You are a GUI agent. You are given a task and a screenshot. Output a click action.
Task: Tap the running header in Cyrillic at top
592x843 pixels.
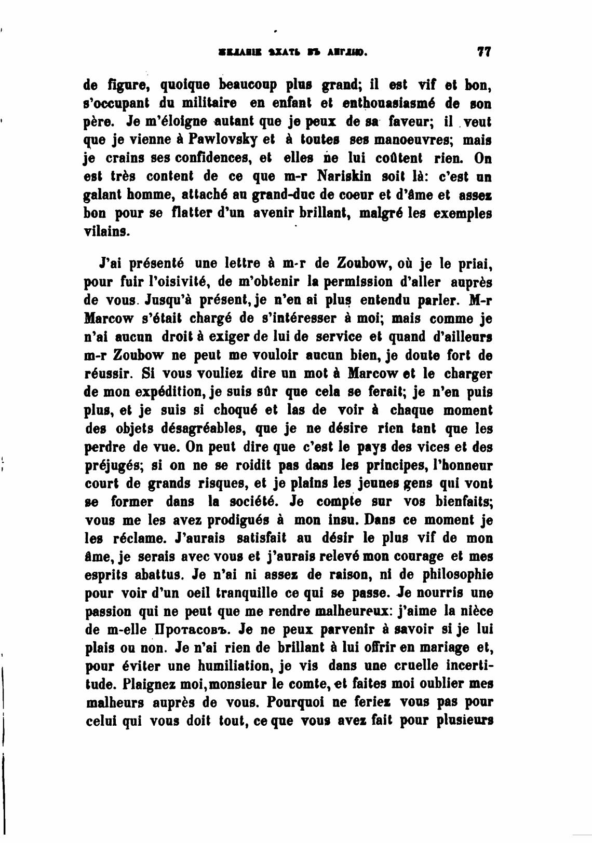pos(293,52)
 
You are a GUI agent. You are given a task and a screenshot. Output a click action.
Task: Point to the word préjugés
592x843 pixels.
pos(110,465)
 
